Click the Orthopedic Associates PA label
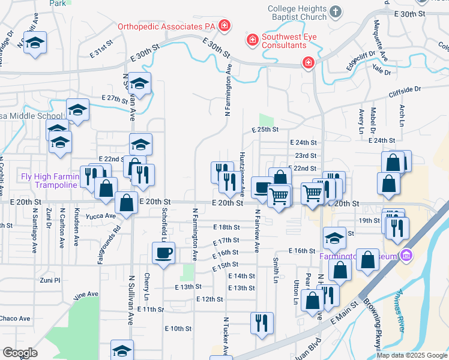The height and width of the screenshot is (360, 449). [x=166, y=26]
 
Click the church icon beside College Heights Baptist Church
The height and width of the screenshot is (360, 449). [x=336, y=11]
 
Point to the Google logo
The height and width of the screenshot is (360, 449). [x=20, y=353]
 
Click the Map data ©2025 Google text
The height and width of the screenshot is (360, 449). [x=412, y=355]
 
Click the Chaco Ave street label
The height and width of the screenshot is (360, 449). [x=14, y=318]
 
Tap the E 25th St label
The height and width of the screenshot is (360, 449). [x=265, y=130]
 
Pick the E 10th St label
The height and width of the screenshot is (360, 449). [x=178, y=329]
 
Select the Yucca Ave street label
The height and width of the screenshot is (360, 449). [x=101, y=215]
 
